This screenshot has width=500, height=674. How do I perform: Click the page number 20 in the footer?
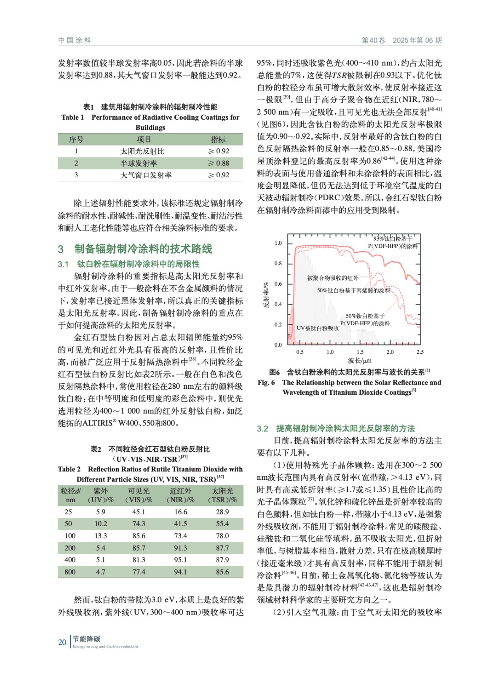pos(62,642)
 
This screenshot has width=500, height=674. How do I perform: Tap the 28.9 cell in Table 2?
pos(222,512)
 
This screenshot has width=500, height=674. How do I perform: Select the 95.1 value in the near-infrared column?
pos(181,560)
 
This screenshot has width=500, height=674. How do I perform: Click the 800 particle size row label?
pos(70,572)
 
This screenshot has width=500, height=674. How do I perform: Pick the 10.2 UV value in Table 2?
pos(101,524)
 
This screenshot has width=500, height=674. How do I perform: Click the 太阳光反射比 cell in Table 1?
pos(142,151)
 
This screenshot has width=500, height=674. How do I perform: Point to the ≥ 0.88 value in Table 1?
pos(219,163)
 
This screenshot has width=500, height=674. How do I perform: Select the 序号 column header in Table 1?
pos(76,139)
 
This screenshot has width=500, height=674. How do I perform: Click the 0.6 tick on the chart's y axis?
pos(278,284)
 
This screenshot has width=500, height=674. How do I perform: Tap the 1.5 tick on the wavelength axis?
pos(360,352)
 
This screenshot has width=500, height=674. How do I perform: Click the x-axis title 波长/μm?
pos(360,361)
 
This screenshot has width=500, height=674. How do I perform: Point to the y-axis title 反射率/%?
pos(266,295)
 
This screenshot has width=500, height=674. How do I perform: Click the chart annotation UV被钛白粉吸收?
pos(318,328)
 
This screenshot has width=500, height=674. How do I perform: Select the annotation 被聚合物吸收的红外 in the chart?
pos(333,278)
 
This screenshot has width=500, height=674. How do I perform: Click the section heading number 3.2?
pos(262,428)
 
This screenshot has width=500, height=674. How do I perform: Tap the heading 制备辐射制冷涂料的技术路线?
pos(143,249)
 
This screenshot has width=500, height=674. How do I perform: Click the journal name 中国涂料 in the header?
pos(75,40)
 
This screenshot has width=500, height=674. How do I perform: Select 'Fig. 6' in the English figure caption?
pos(266,382)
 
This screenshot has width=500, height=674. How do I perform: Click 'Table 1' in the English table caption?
pos(72,117)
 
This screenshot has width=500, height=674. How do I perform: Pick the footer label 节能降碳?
pos(86,639)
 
